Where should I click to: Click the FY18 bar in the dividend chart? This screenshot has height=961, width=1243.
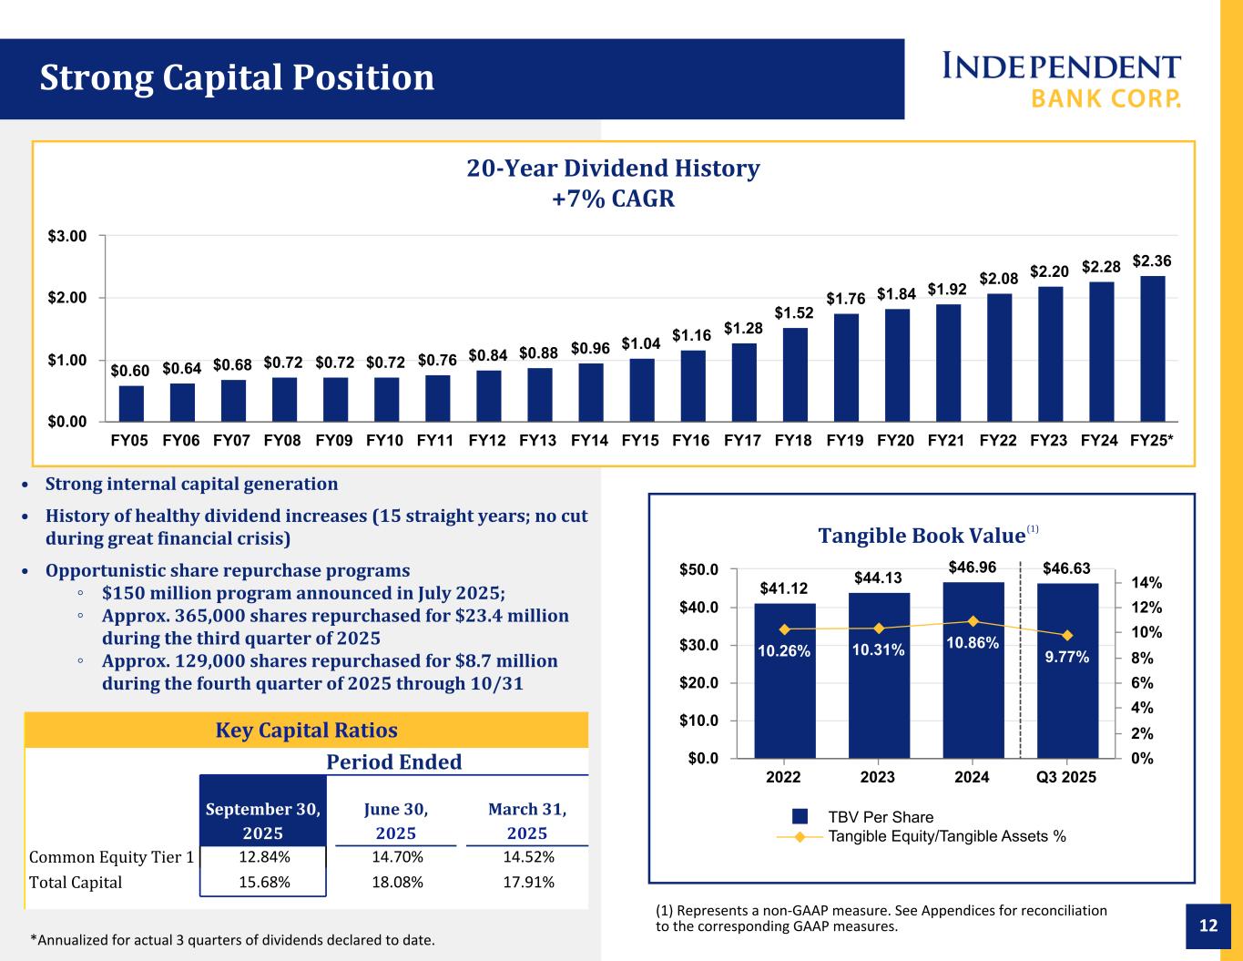pos(795,374)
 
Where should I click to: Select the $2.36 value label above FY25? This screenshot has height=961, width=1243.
pos(1152,261)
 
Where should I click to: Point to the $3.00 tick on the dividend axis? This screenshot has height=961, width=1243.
pos(68,236)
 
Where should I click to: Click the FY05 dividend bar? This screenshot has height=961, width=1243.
pos(131,404)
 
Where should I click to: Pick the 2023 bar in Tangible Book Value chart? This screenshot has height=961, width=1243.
pos(878,674)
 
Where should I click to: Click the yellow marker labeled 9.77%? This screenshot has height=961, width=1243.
pos(1067,635)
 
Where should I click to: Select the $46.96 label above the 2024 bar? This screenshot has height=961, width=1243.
pos(972,567)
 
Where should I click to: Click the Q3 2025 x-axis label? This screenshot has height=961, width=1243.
pos(1066,778)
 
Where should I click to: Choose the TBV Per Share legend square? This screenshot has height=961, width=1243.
pos(800,816)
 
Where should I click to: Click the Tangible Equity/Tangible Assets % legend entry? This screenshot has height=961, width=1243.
pos(947,836)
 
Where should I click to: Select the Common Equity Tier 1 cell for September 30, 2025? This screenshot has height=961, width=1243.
pos(264,856)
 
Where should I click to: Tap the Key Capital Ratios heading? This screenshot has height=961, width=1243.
pos(306,731)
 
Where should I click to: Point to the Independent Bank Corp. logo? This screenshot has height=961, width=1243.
pos(1061,79)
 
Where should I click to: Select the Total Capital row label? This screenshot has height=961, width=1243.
pos(76,882)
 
